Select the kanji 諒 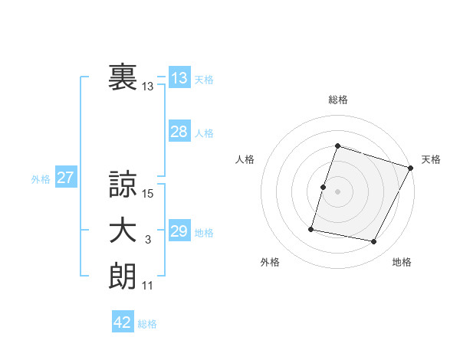point(123,185)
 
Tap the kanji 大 point(123,231)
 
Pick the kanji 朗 point(123,277)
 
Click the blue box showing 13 point(179,78)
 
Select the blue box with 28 point(179,132)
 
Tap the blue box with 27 point(66,178)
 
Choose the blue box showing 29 point(179,231)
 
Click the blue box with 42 point(123,322)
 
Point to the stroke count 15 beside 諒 point(148,195)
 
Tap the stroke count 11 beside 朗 point(148,286)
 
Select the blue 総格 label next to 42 point(147,324)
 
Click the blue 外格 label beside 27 point(41,179)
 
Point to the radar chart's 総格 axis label point(338,100)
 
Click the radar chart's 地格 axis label point(402,262)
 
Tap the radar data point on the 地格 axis point(374,242)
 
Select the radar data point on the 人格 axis point(324,187)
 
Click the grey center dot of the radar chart point(338,191)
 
